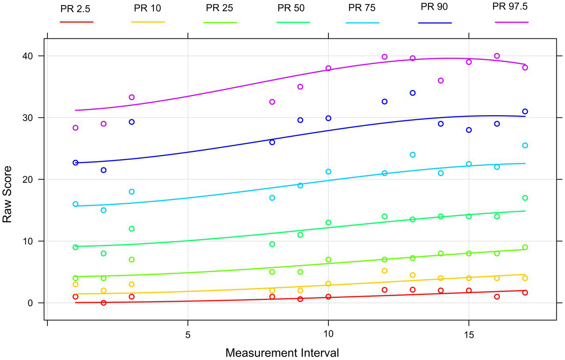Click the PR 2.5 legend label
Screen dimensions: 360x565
[75, 9]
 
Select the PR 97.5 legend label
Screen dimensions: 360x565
[510, 7]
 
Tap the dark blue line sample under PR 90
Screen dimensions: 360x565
[434, 23]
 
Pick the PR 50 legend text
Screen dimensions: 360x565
[291, 8]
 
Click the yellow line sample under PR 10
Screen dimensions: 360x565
[148, 22]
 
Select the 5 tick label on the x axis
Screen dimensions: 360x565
[188, 335]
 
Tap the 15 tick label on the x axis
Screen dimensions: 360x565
[468, 335]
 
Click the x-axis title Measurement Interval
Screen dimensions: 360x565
[282, 352]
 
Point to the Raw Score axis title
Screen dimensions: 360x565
[8, 194]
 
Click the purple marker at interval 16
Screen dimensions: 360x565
[497, 56]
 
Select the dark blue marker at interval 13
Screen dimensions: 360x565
[413, 93]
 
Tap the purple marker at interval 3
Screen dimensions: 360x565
[132, 97]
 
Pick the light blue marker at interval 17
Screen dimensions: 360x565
[525, 146]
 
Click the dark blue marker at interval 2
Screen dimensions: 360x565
[104, 170]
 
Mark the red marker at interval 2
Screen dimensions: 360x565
[104, 303]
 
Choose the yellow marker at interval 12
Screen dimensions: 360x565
[385, 271]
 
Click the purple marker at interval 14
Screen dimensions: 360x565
[441, 81]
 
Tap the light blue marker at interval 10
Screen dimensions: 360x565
[328, 172]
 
